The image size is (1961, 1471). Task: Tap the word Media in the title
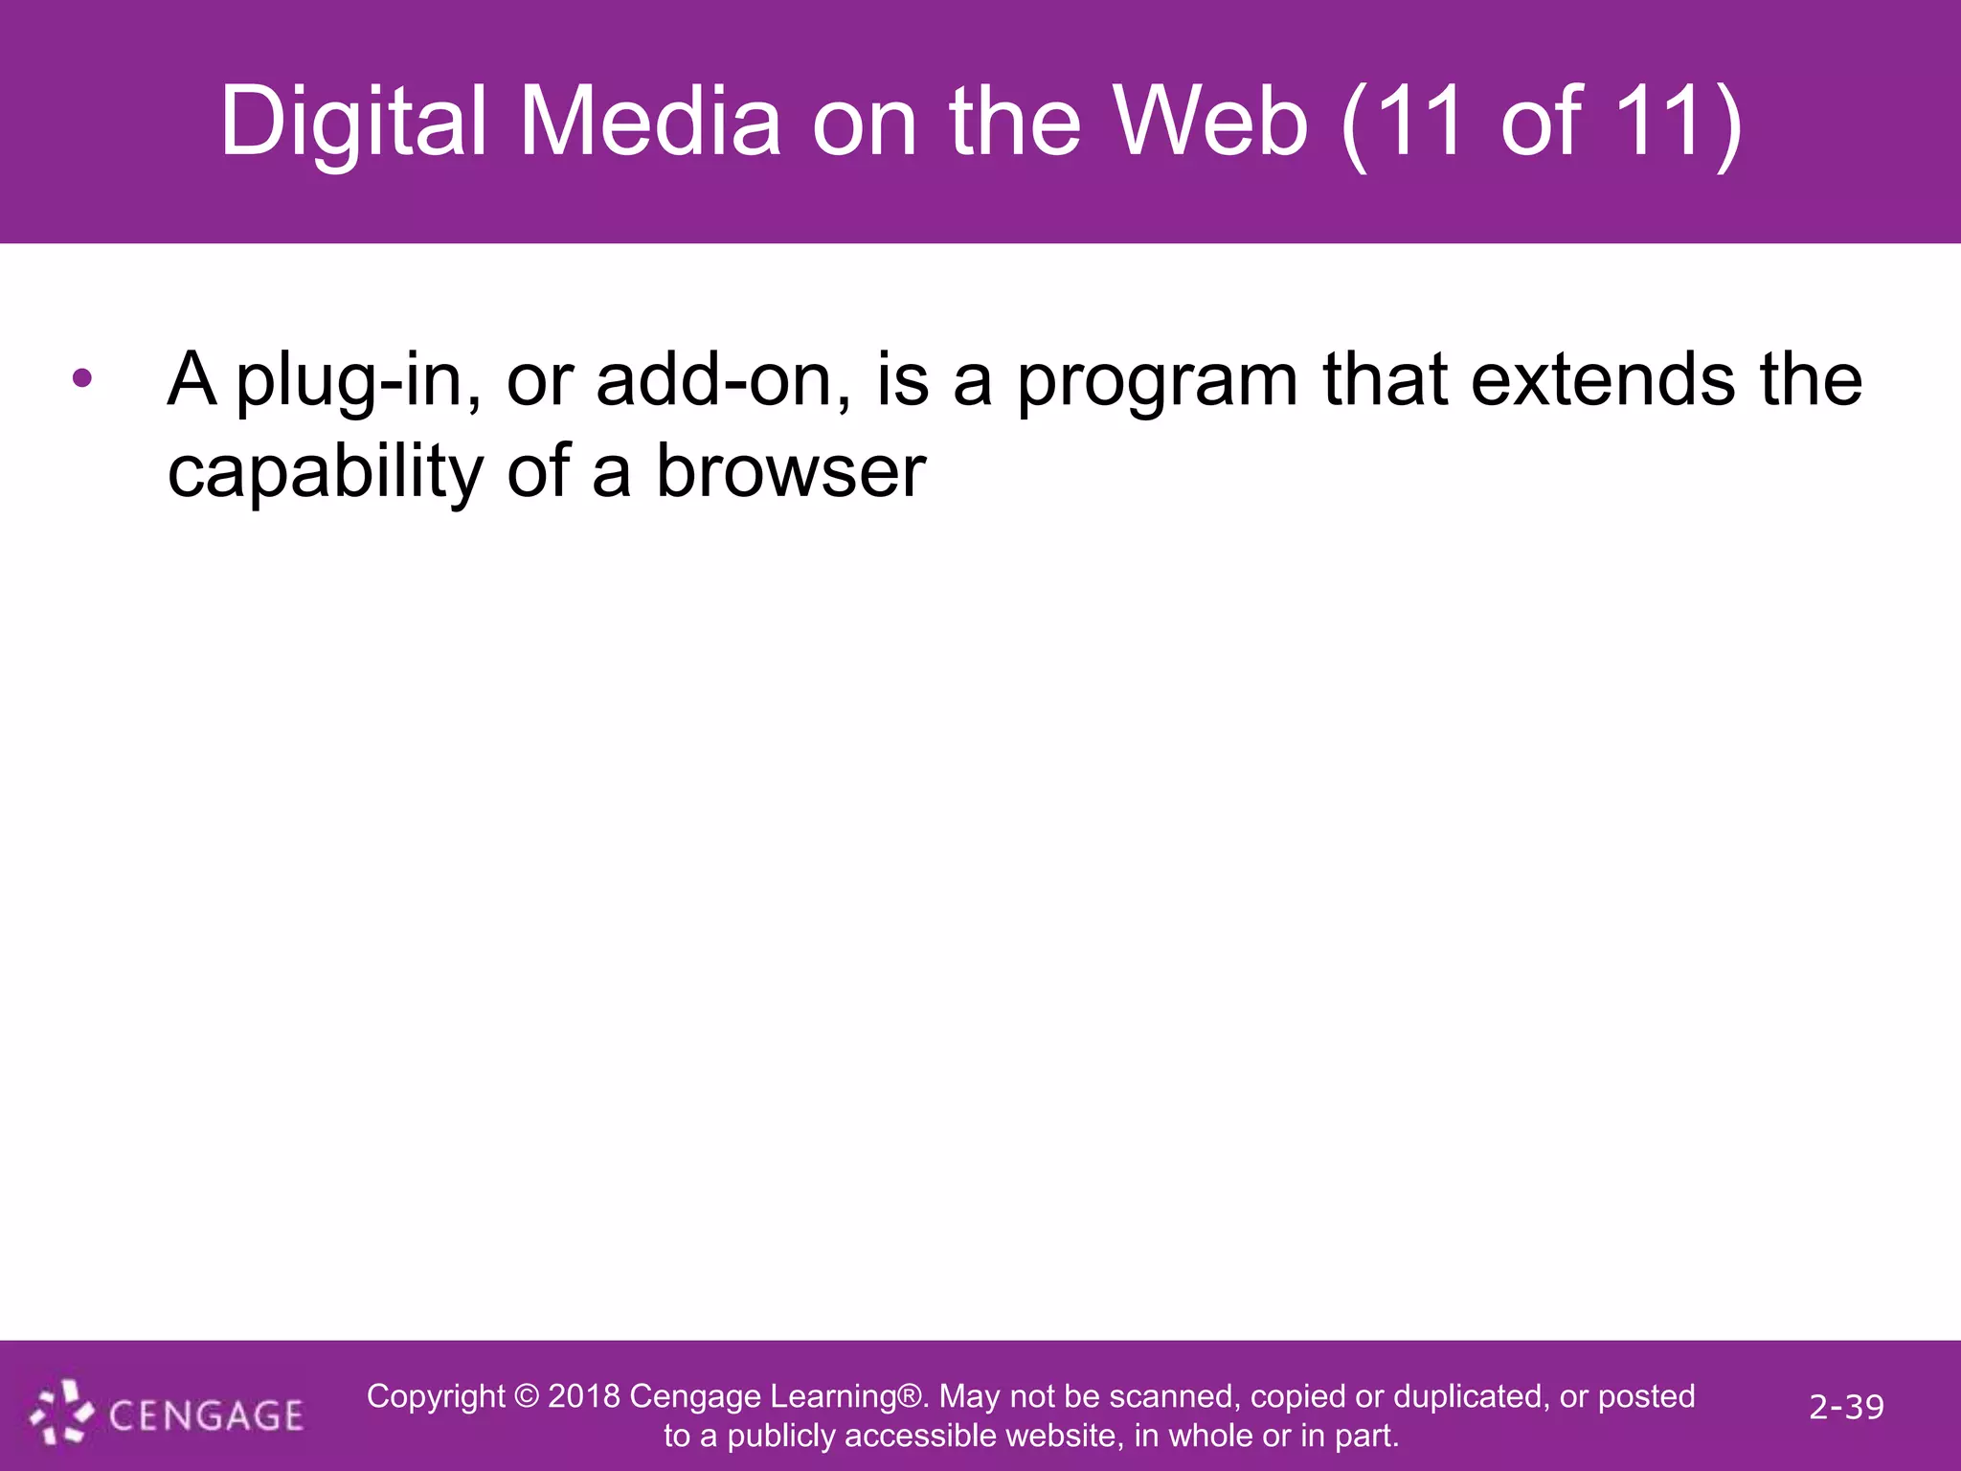(650, 123)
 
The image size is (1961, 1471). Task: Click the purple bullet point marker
(82, 379)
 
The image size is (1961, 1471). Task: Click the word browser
(790, 471)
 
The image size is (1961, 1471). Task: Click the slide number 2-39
(1846, 1407)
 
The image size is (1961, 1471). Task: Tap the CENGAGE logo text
(206, 1415)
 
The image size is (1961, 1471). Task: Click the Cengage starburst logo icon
(61, 1412)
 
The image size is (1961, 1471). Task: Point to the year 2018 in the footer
(584, 1396)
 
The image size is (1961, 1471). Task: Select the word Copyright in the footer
(436, 1397)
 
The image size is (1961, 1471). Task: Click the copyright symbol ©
(527, 1396)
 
